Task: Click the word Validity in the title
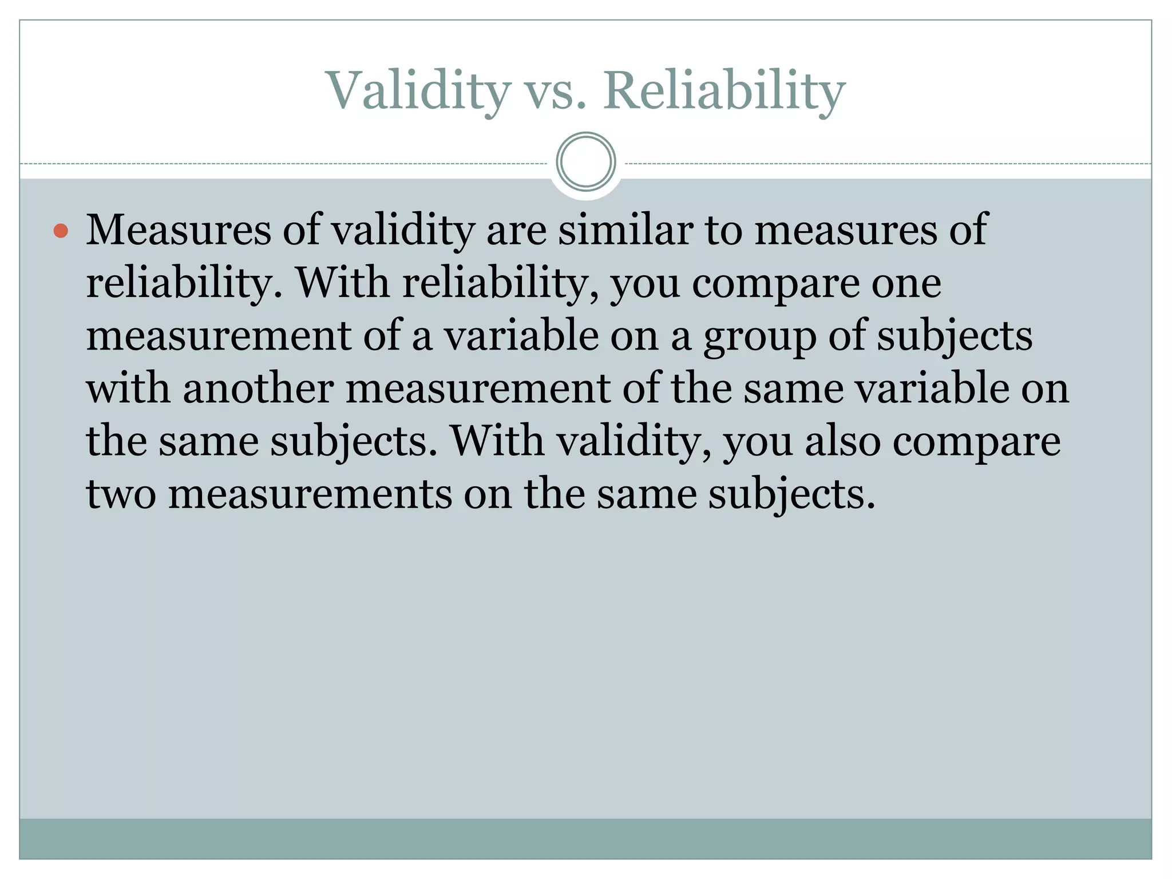[418, 92]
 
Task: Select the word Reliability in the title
[724, 92]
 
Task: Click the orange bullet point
[61, 231]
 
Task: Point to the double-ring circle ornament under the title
[585, 162]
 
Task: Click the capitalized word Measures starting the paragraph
[179, 230]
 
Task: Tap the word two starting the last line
[121, 494]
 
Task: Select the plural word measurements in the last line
[310, 494]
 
